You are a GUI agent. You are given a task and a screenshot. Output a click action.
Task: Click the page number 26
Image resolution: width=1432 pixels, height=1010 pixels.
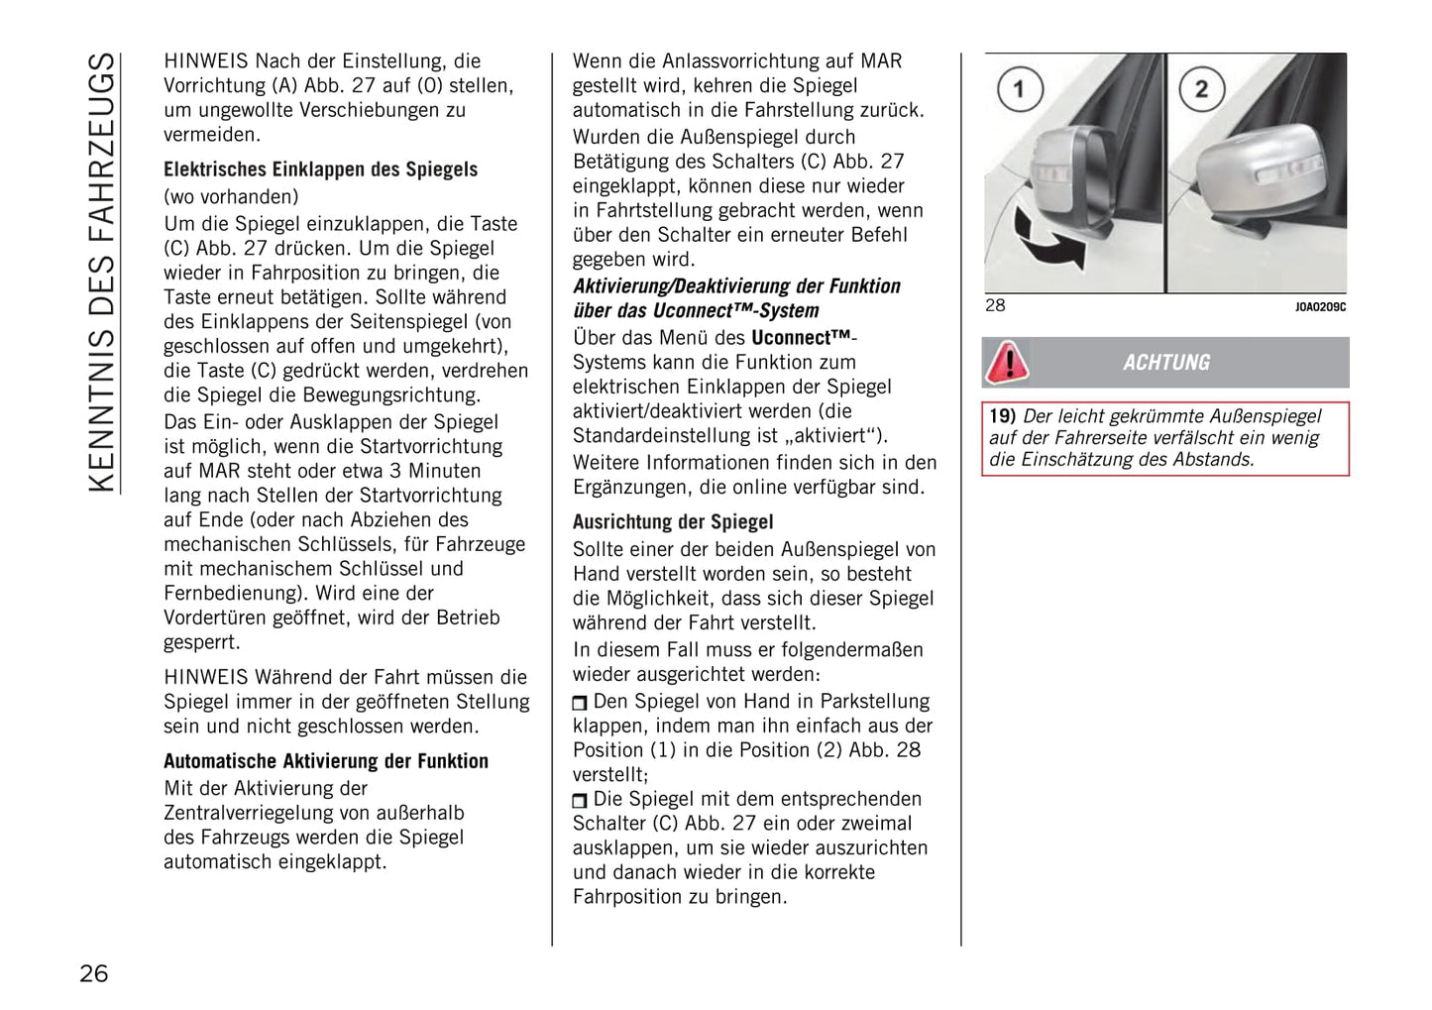[x=94, y=973]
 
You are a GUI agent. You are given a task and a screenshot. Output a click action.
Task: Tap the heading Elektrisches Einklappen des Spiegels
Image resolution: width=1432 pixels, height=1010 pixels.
[x=320, y=169]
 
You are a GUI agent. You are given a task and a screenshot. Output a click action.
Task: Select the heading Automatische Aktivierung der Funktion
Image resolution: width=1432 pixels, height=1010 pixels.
[x=325, y=761]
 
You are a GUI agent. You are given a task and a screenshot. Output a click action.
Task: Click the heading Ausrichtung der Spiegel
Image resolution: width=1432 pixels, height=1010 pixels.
[x=672, y=522]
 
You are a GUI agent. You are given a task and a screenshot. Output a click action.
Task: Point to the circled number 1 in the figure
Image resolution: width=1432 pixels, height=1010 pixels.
[x=1018, y=89]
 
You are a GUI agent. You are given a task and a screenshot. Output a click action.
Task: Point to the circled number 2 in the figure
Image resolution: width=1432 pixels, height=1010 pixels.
[x=1200, y=89]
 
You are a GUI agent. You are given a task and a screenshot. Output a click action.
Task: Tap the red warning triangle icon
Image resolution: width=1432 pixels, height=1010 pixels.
[x=1008, y=363]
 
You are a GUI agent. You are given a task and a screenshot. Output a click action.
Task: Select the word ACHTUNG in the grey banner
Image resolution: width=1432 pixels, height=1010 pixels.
[x=1166, y=363]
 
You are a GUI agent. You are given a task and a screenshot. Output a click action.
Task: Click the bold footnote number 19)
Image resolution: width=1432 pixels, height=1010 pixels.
[x=1002, y=416]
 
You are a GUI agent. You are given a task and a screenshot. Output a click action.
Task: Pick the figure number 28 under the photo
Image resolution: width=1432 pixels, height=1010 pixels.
[x=995, y=305]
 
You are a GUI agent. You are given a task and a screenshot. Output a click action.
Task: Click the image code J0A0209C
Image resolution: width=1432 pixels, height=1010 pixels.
[x=1320, y=307]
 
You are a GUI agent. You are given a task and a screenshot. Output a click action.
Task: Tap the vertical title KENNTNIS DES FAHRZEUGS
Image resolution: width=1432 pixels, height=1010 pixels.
[x=102, y=273]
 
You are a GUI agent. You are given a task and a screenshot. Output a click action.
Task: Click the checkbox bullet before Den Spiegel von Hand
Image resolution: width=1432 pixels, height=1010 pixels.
[x=580, y=703]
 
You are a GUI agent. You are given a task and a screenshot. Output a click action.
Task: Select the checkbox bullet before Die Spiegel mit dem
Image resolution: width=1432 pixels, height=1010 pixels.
[x=580, y=801]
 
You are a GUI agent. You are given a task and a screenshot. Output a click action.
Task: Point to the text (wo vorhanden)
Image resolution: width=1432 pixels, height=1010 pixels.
[x=231, y=196]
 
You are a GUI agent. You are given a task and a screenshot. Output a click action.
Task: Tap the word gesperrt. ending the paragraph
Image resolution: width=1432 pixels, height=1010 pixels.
[x=201, y=641]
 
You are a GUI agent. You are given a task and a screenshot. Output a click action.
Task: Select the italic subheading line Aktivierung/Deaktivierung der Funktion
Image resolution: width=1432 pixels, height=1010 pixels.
[x=736, y=286]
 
